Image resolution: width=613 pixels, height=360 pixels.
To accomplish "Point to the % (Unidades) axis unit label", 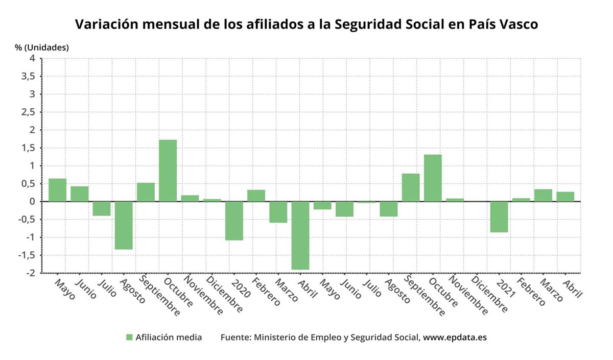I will point(41,47).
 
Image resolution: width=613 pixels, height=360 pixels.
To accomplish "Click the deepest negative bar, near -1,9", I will point(300,235).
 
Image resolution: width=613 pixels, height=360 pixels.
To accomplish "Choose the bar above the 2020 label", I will point(234,221).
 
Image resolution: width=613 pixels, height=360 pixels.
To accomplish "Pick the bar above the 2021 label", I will point(499,217).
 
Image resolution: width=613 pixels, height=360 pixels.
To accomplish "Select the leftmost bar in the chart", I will point(57,190).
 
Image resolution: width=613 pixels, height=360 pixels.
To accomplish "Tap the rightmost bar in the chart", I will point(565,197).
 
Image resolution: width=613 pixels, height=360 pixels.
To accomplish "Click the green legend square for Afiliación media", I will point(129,338).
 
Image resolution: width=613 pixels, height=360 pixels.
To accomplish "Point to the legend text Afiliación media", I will point(169,338).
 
